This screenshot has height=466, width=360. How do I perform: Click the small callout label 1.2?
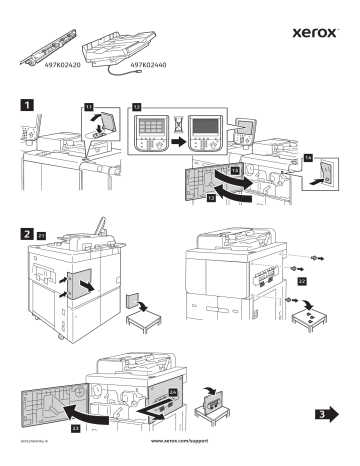(137, 103)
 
